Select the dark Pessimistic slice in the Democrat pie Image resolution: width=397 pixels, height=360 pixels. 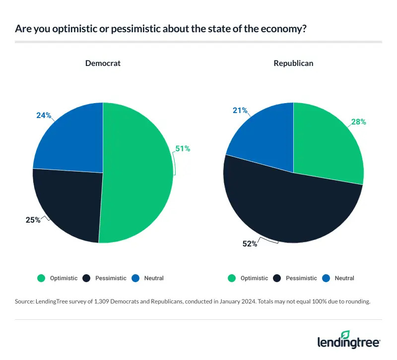[x=69, y=203]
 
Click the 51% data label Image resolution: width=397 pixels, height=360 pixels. [x=182, y=148]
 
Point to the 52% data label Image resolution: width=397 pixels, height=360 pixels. [x=250, y=243]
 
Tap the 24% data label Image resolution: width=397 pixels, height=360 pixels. [x=44, y=115]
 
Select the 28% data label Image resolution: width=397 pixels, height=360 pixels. [x=358, y=121]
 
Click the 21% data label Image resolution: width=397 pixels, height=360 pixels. [x=241, y=110]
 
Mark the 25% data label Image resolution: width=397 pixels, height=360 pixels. [x=32, y=220]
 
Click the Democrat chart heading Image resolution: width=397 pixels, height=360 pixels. [x=103, y=63]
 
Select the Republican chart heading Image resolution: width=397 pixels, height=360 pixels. [x=293, y=63]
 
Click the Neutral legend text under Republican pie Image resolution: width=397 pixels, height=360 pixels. [x=344, y=278]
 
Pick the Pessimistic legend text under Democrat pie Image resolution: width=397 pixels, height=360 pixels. [x=111, y=278]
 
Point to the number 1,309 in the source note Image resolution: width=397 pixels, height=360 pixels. [x=103, y=301]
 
